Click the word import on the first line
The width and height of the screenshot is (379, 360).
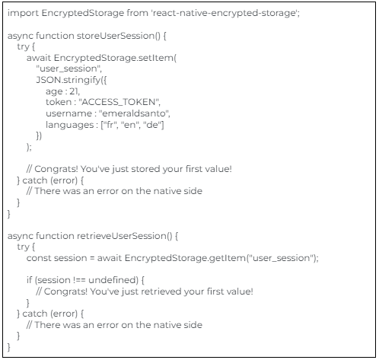coord(23,13)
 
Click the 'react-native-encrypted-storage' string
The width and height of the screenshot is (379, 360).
coord(225,13)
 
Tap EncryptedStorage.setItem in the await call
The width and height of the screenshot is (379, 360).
coord(113,58)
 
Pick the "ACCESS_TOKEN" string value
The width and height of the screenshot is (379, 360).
coord(119,102)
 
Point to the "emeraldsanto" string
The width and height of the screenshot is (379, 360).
coord(133,113)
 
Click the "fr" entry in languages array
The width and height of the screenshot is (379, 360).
coord(110,125)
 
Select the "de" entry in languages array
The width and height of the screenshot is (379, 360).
coord(152,125)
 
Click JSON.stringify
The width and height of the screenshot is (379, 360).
coord(68,80)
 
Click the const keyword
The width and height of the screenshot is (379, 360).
coord(39,258)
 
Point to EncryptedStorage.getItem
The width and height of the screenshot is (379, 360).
coord(185,258)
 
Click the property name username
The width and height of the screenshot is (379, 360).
coord(68,113)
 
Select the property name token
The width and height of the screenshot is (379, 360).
coord(59,102)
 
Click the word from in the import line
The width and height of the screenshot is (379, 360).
coord(137,13)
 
